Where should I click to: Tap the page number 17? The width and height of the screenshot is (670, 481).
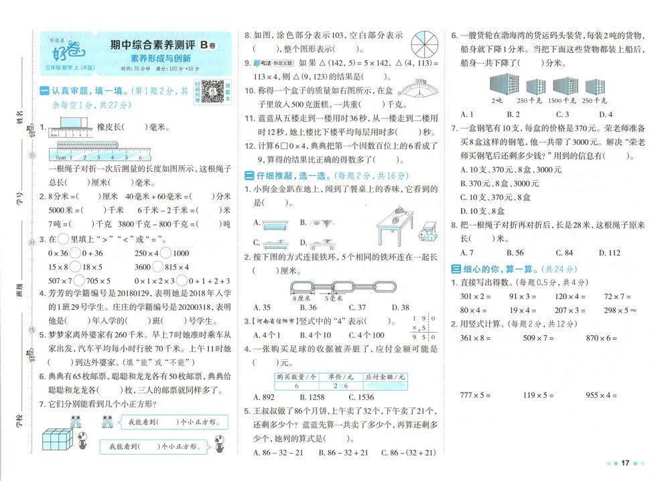(x=625, y=463)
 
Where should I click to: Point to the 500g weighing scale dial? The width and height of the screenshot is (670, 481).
(x=421, y=88)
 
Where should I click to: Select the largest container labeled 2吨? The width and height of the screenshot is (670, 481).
(x=496, y=84)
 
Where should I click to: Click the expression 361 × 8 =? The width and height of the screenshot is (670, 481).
(x=475, y=339)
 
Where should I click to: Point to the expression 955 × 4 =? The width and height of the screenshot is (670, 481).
(x=601, y=395)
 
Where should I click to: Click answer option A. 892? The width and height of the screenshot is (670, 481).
(x=266, y=397)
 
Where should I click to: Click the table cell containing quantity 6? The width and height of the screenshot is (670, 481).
(x=295, y=385)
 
